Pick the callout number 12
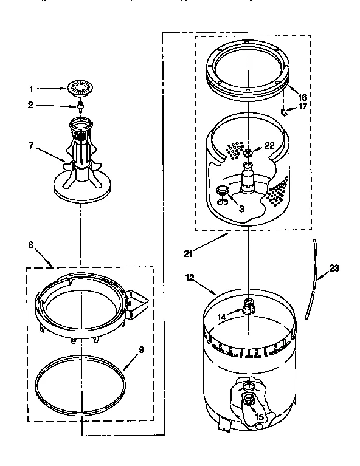tap(190, 278)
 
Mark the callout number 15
tap(260, 417)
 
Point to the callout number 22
tap(269, 145)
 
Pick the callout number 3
tap(241, 208)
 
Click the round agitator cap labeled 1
tap(79, 88)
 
